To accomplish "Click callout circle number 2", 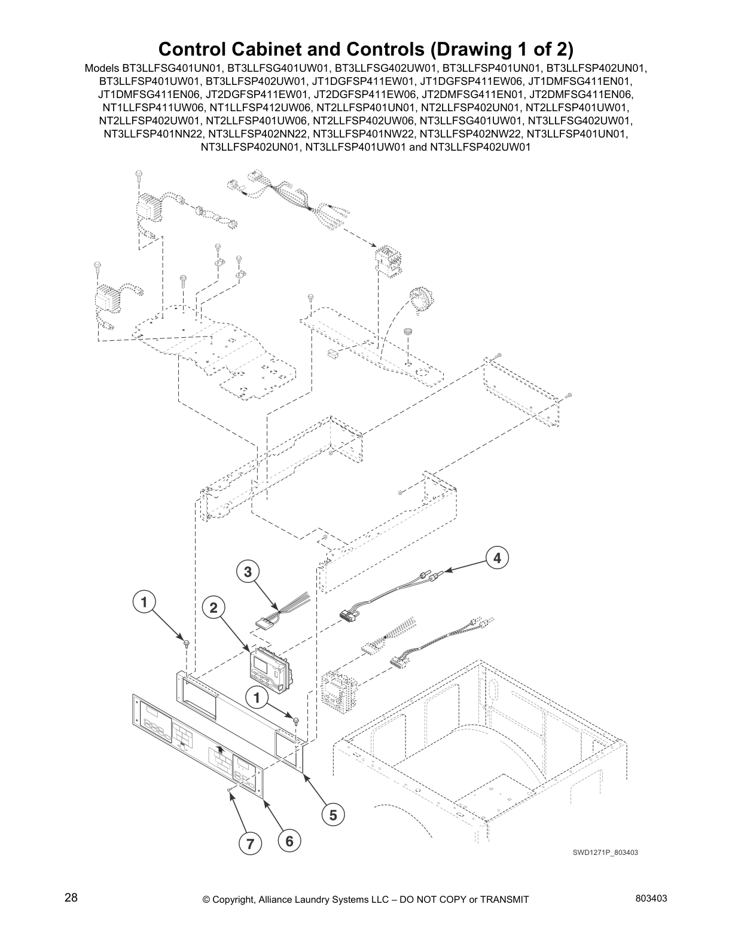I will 213,608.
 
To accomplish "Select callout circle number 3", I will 248,572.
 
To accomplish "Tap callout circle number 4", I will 497,558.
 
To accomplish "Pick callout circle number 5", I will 333,815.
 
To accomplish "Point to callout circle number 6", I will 289,841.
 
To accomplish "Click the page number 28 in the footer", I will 71,898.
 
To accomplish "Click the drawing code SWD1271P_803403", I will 605,853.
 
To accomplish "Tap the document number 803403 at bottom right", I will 651,899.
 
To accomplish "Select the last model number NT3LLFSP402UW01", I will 480,147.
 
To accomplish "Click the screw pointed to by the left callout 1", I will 186,643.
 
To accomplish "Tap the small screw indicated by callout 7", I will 230,790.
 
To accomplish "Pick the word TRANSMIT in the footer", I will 504,899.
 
